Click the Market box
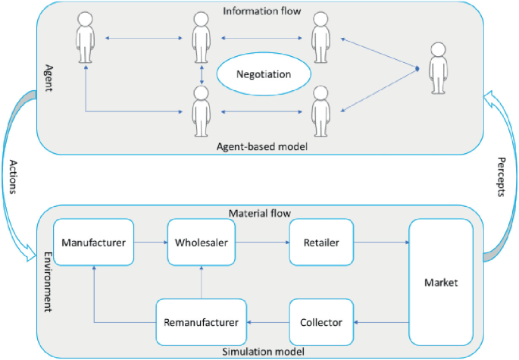442,282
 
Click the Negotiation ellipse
264,75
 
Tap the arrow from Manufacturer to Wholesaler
151,243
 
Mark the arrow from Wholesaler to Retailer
262,243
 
